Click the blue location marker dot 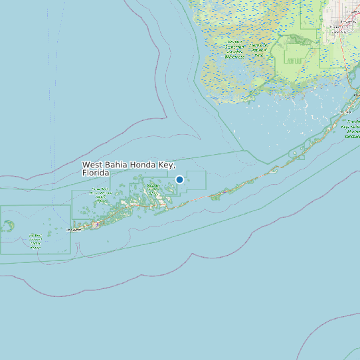click(179, 179)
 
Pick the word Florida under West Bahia click(96, 173)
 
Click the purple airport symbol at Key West click(97, 225)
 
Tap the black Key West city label click(76, 230)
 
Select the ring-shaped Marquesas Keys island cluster click(8, 226)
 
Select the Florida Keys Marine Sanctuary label click(353, 130)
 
